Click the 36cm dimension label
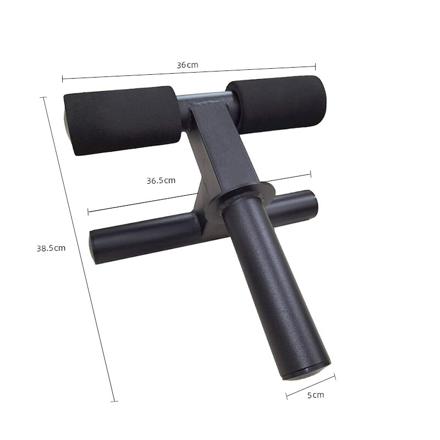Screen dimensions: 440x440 pos(187,65)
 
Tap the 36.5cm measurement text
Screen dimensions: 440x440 pos(161,180)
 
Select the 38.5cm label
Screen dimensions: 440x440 pos(51,248)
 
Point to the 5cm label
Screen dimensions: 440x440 pos(315,395)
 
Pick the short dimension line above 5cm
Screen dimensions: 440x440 pos(311,386)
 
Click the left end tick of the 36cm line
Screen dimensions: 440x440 pos(63,78)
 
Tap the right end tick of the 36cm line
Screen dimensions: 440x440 pos(316,64)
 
